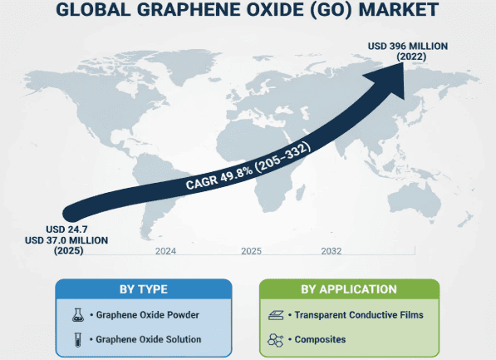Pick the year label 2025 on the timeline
click(x=251, y=250)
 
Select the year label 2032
click(x=331, y=250)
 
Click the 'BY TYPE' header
click(x=144, y=289)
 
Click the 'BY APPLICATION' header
click(x=348, y=289)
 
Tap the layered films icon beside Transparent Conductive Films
click(x=277, y=315)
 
